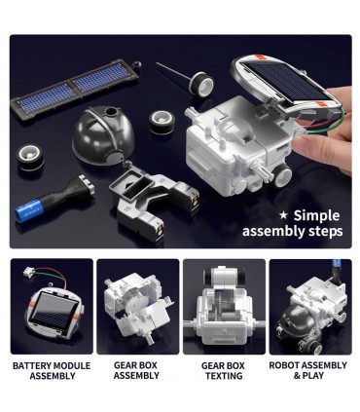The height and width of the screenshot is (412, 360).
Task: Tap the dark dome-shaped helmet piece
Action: pos(103,135)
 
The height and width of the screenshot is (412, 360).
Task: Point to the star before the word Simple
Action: pos(283,215)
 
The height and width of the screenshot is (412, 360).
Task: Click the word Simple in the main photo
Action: pos(316,216)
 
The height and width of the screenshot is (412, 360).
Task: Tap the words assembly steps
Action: pos(292,232)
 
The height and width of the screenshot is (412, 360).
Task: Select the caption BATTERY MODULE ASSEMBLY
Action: pos(52,370)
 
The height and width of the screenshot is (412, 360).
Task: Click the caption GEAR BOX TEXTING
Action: pos(224,370)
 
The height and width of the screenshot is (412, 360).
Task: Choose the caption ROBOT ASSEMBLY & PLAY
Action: pos(308,370)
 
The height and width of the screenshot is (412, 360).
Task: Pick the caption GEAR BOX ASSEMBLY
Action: pos(136,370)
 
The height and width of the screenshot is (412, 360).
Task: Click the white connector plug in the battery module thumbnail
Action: pos(27,272)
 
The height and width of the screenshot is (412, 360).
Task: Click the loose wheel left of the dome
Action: pos(30,158)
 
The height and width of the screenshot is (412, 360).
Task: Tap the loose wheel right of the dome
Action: pos(162,122)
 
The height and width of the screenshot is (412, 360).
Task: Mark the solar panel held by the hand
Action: pos(287,84)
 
